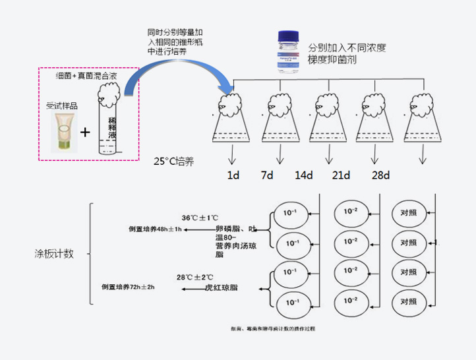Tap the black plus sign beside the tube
pos(86,132)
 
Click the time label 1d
pos(234,175)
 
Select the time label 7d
pos(268,175)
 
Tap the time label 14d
pos(304,175)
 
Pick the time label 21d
pos(341,175)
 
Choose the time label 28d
pos(380,175)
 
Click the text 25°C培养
pos(173,161)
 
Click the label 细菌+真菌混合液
pos(84,76)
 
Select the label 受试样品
pos(61,105)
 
